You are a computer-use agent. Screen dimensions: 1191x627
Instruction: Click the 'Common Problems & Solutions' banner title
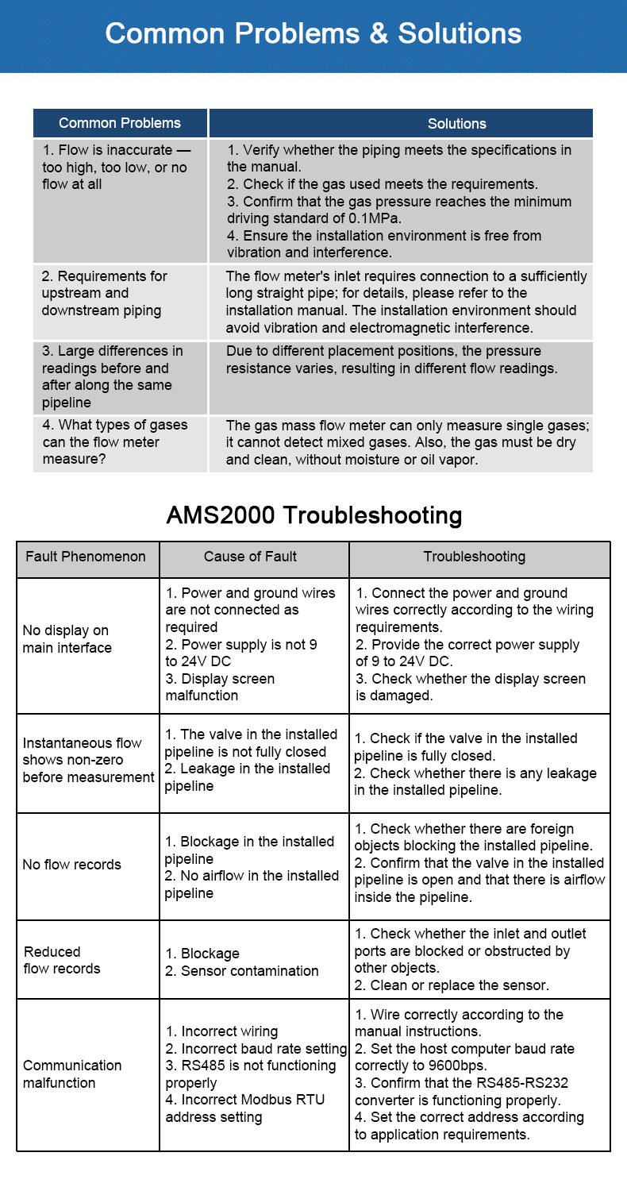(x=313, y=33)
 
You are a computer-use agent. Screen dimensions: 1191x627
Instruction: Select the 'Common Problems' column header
(x=120, y=123)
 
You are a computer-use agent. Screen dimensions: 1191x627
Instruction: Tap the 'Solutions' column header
(x=456, y=124)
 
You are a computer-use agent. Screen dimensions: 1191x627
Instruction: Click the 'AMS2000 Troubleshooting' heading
(x=313, y=515)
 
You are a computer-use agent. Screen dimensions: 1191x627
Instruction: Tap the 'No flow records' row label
(x=71, y=865)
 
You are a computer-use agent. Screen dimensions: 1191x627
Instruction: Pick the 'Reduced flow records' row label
(x=62, y=960)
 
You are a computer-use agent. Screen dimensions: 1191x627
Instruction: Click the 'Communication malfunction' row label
(x=72, y=1074)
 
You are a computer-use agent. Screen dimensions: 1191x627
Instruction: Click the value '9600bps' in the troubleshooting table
(x=455, y=1066)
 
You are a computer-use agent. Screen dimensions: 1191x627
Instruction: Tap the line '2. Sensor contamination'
(x=241, y=971)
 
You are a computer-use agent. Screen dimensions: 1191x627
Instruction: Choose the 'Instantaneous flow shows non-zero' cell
(x=88, y=760)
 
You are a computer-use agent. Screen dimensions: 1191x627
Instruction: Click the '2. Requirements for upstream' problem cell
(x=104, y=294)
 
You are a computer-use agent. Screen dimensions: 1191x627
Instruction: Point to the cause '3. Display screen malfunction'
(x=220, y=688)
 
